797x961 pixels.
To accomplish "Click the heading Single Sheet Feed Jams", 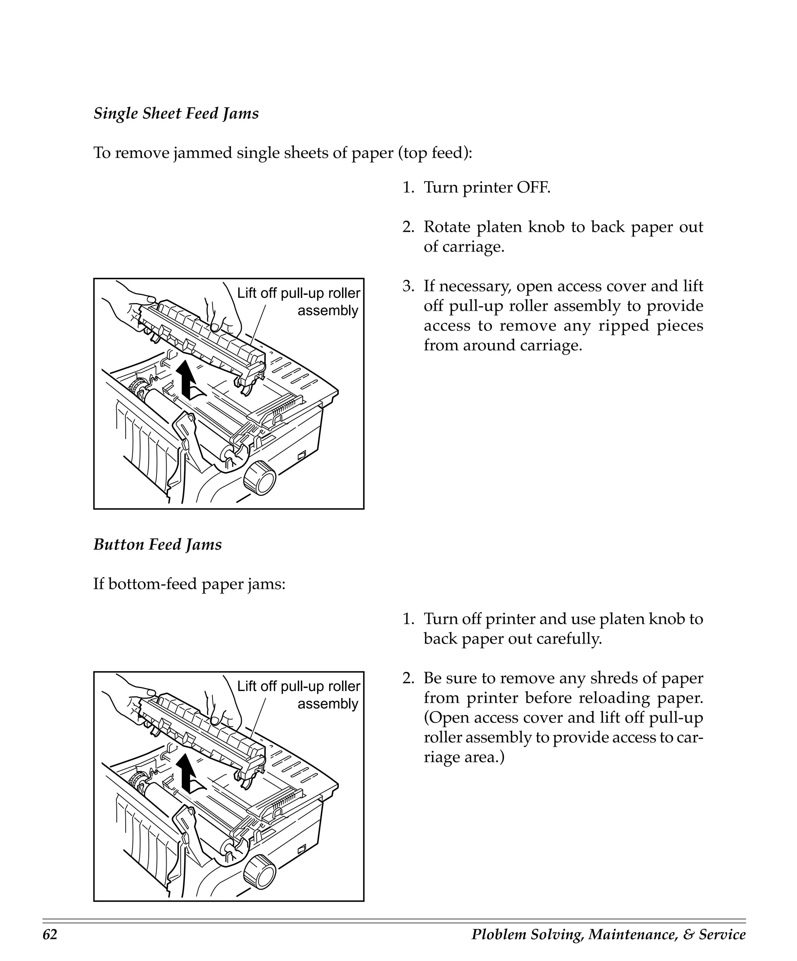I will (x=176, y=114).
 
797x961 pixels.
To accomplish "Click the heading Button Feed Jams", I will (x=158, y=544).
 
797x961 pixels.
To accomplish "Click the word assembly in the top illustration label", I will (x=328, y=311).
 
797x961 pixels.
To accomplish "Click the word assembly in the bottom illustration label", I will (x=328, y=704).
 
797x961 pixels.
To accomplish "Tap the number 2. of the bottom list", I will (x=408, y=678).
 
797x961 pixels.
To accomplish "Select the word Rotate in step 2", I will (x=446, y=227).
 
